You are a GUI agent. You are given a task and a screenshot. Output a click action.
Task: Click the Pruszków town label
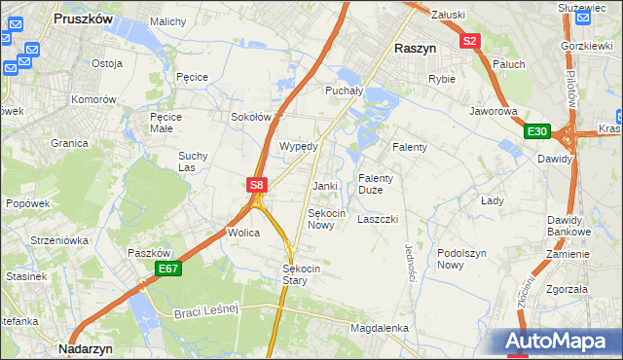click(x=85, y=19)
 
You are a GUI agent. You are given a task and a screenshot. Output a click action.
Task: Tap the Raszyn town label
click(x=414, y=47)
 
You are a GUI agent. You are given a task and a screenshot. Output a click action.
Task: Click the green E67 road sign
click(x=167, y=269)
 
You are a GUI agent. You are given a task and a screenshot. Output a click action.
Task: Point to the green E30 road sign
click(x=537, y=131)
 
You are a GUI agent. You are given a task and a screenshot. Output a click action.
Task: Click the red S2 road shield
click(x=471, y=41)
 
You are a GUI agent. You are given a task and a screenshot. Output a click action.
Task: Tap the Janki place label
click(x=324, y=186)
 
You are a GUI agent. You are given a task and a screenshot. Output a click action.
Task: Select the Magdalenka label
click(x=380, y=329)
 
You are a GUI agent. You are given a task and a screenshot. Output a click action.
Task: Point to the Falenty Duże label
click(x=376, y=184)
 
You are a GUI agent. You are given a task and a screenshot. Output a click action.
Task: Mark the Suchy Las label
click(x=193, y=161)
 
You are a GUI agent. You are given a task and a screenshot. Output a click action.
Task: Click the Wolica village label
click(x=242, y=234)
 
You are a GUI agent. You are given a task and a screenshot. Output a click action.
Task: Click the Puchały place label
click(x=344, y=90)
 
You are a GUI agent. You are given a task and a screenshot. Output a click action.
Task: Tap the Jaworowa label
click(x=493, y=112)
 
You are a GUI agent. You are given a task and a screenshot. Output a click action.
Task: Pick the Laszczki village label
click(x=378, y=220)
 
